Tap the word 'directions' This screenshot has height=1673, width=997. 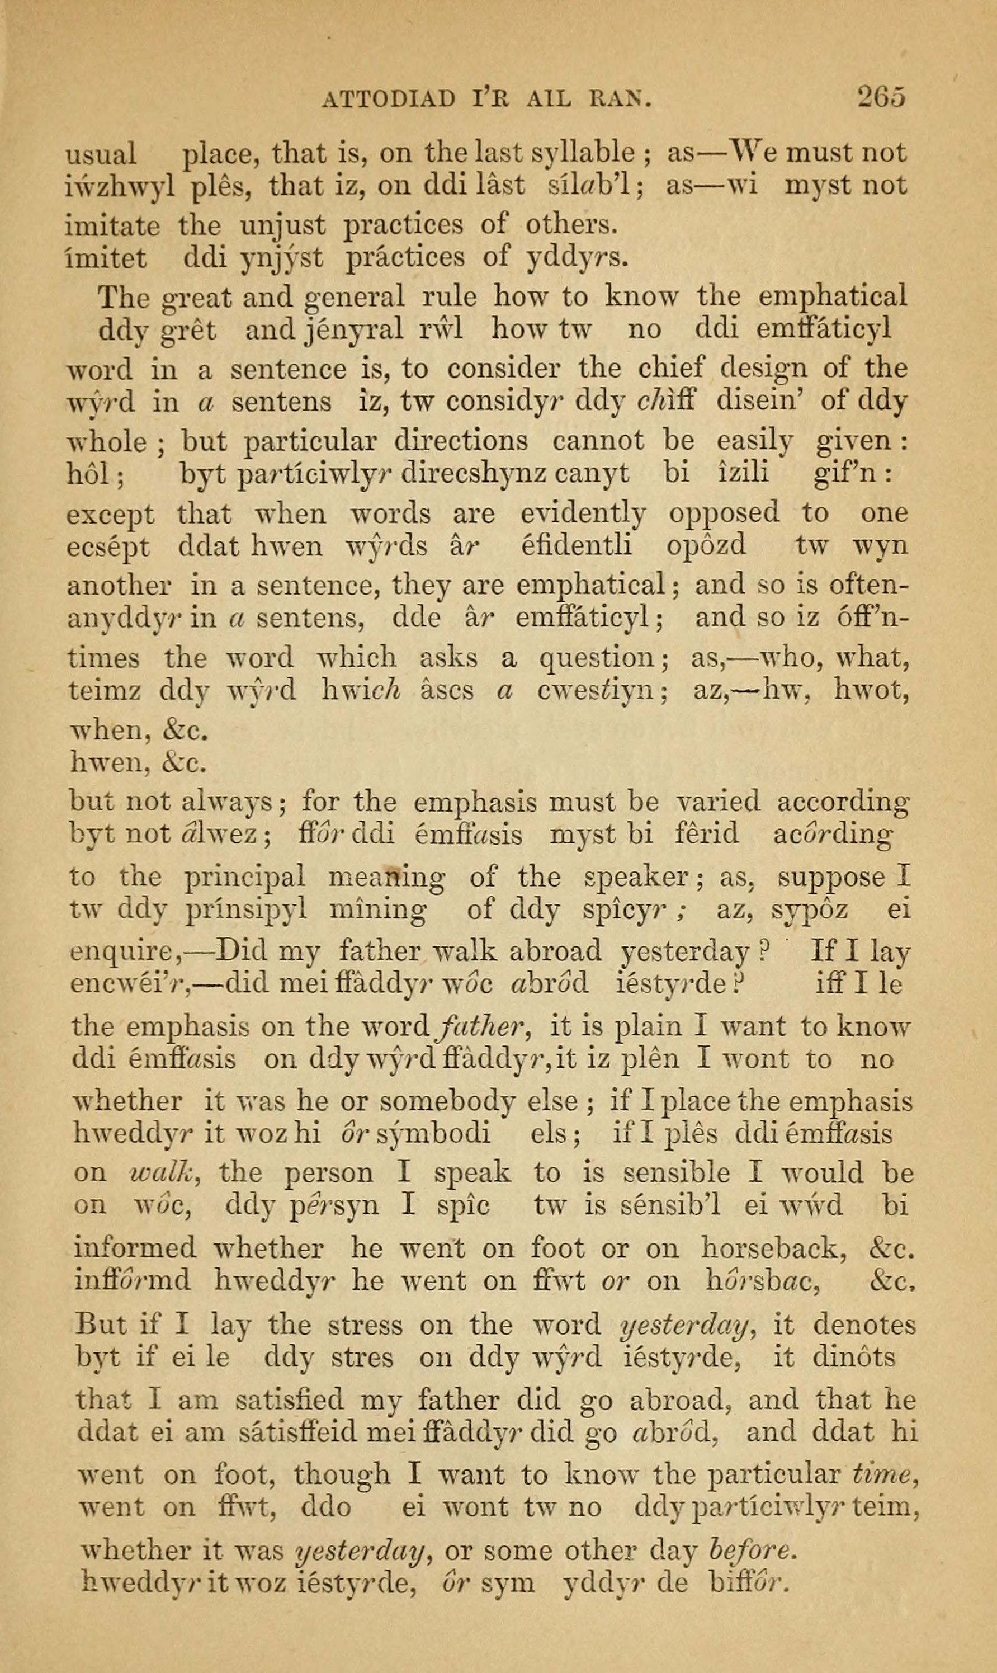[460, 441]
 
